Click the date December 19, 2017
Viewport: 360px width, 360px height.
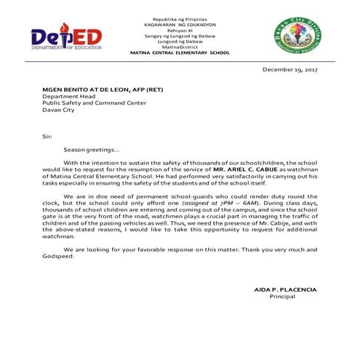[290, 70]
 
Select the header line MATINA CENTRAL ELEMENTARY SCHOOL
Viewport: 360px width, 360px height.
[179, 53]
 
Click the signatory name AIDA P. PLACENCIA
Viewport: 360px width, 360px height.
[285, 289]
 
